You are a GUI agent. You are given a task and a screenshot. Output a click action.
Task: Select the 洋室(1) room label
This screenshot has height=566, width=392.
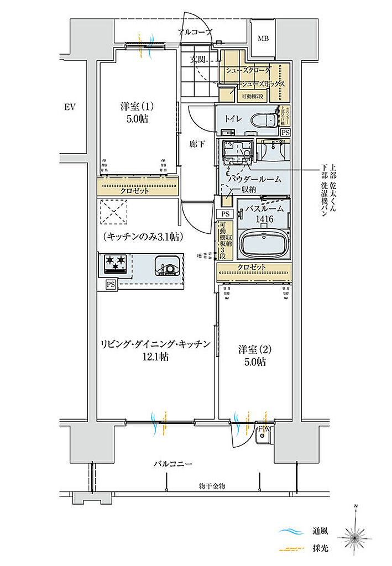(135, 106)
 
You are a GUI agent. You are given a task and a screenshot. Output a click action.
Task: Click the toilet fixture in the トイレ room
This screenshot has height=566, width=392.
(264, 119)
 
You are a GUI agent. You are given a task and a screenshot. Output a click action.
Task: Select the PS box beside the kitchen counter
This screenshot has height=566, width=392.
(111, 284)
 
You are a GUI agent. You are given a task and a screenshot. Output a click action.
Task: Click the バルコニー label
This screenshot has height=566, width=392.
(173, 464)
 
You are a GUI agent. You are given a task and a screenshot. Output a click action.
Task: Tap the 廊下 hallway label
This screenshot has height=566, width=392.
(197, 144)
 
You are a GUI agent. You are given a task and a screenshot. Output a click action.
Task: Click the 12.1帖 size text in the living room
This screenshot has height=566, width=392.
(155, 357)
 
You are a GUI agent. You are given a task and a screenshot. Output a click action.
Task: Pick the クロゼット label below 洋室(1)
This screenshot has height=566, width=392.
(137, 191)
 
